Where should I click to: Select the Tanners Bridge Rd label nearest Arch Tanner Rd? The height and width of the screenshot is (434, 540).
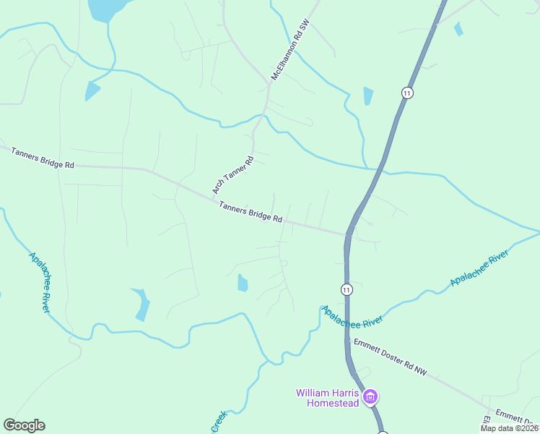pyautogui.click(x=251, y=211)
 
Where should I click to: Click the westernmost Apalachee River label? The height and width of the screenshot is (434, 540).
pyautogui.click(x=40, y=282)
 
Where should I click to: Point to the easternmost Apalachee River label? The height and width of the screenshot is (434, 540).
pyautogui.click(x=479, y=269)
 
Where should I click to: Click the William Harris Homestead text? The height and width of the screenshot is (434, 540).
pyautogui.click(x=328, y=398)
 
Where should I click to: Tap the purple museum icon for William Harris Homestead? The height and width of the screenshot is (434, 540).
pyautogui.click(x=370, y=396)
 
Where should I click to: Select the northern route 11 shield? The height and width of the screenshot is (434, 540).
pyautogui.click(x=408, y=93)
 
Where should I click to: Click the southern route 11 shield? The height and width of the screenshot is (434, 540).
pyautogui.click(x=347, y=289)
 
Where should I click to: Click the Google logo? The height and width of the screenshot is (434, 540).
pyautogui.click(x=24, y=425)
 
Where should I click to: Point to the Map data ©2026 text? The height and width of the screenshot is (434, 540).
pyautogui.click(x=510, y=428)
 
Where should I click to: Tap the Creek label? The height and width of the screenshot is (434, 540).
pyautogui.click(x=219, y=422)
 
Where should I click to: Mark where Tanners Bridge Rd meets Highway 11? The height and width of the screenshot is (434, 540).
pyautogui.click(x=348, y=234)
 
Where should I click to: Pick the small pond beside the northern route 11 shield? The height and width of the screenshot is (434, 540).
pyautogui.click(x=368, y=95)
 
